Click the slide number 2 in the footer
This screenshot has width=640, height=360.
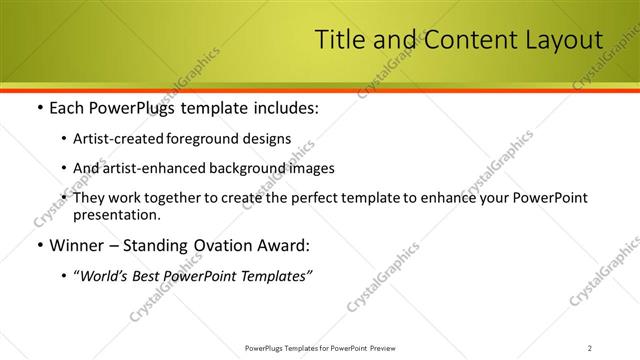(590, 347)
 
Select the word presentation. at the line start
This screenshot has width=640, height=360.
(116, 214)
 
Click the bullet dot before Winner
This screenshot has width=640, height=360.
(38, 245)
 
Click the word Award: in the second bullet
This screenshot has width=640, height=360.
(283, 245)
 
